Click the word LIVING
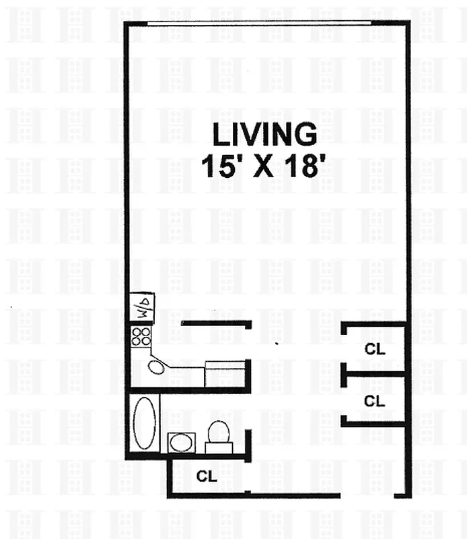pyautogui.click(x=264, y=135)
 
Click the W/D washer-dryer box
pyautogui.click(x=143, y=307)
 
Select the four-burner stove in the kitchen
pyautogui.click(x=141, y=336)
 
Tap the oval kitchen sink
pyautogui.click(x=157, y=367)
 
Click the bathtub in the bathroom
pyautogui.click(x=143, y=422)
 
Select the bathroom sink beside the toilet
pyautogui.click(x=180, y=443)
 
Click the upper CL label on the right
pyautogui.click(x=374, y=349)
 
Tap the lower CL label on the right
pyautogui.click(x=374, y=401)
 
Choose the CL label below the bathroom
pyautogui.click(x=207, y=476)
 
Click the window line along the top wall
pyautogui.click(x=259, y=23)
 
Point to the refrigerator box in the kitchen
pyautogui.click(x=225, y=373)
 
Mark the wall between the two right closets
pyautogui.click(x=374, y=373)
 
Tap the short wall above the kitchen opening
pyautogui.click(x=215, y=324)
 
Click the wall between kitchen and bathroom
pyautogui.click(x=188, y=390)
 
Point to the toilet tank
pyautogui.click(x=219, y=448)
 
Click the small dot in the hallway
pyautogui.click(x=277, y=343)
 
